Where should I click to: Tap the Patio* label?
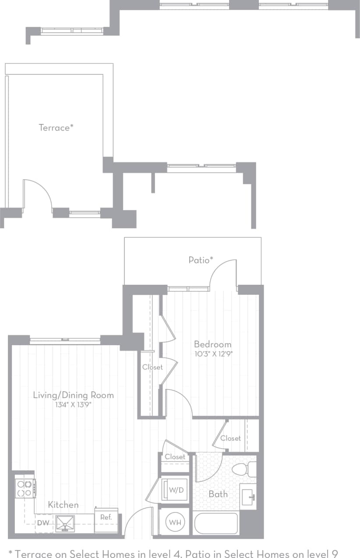click(x=201, y=260)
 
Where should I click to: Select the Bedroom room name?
click(x=212, y=344)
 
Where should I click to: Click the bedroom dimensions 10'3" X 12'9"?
click(x=213, y=354)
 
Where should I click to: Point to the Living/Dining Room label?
click(x=73, y=395)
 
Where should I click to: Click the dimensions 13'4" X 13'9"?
click(x=73, y=405)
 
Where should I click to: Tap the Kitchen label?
click(x=64, y=505)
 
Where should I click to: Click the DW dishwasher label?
click(x=43, y=523)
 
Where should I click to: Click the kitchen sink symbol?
click(x=65, y=523)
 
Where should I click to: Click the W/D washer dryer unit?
click(x=175, y=490)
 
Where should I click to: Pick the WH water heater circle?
click(x=175, y=522)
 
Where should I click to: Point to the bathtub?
click(x=216, y=523)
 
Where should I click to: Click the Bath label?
click(x=218, y=494)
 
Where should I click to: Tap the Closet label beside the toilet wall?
click(x=230, y=438)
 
